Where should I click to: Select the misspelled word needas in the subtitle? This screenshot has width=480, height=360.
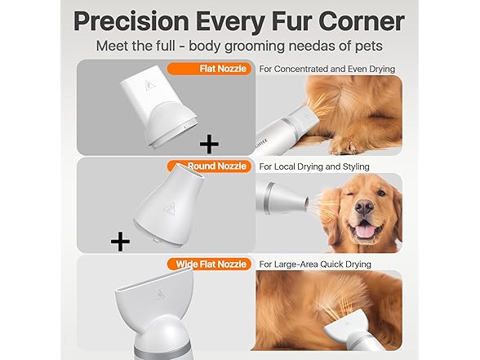(313, 46)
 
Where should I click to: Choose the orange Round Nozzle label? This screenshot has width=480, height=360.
(216, 167)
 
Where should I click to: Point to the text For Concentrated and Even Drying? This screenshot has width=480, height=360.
(327, 69)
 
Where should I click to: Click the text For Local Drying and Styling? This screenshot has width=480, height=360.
(314, 167)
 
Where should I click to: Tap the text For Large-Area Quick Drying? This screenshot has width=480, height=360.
(315, 264)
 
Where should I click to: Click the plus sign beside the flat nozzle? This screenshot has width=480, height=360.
(210, 145)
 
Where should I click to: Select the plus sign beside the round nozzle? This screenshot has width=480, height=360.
(121, 242)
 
